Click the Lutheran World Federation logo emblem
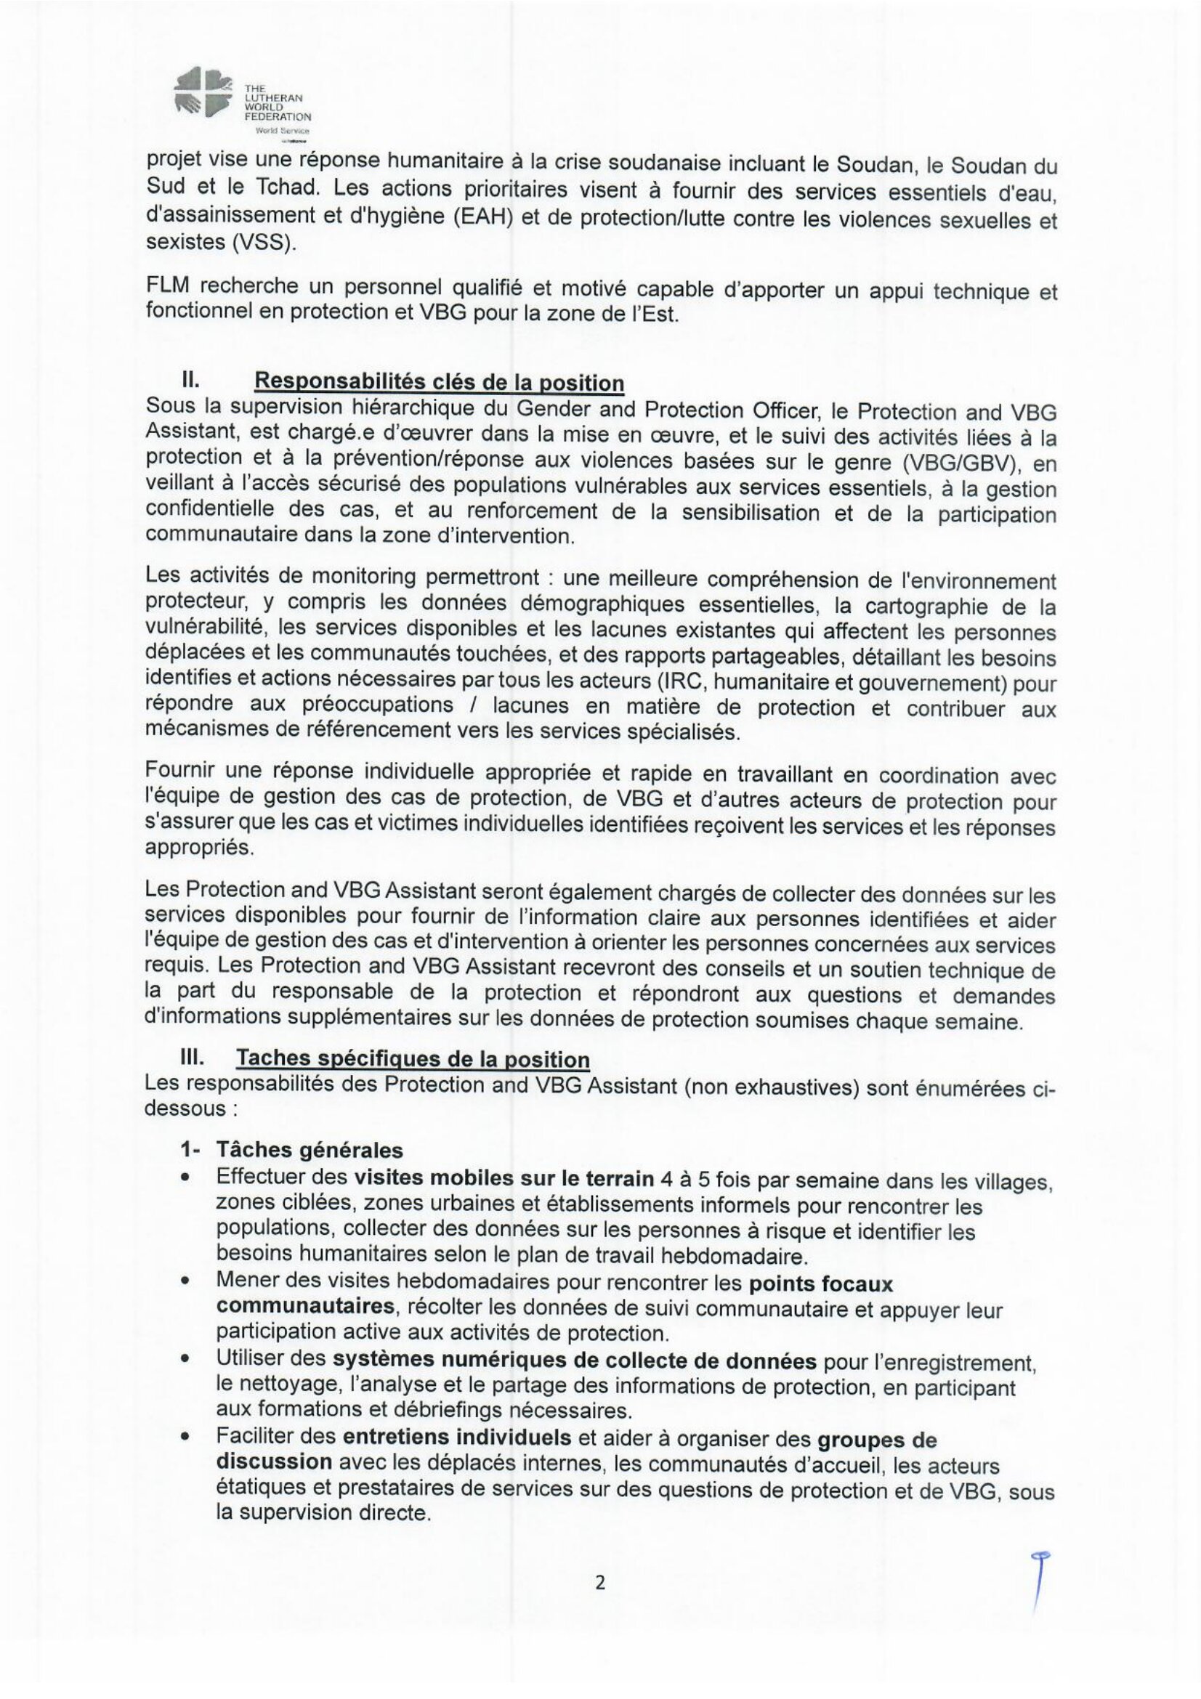pyautogui.click(x=201, y=92)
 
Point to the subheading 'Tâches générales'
pyautogui.click(x=310, y=1150)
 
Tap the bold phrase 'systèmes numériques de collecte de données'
pyautogui.click(x=574, y=1360)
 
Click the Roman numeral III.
pyautogui.click(x=193, y=1058)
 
